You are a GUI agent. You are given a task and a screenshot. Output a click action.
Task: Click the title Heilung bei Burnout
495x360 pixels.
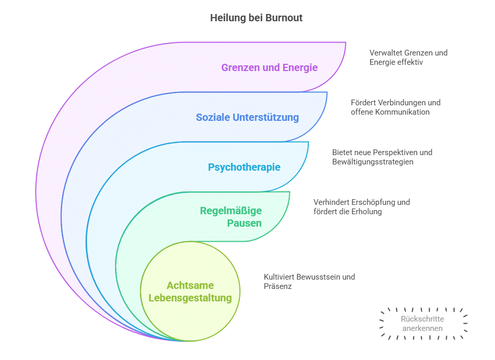pyautogui.click(x=256, y=18)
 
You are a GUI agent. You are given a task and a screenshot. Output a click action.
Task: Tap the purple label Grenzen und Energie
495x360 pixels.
pyautogui.click(x=269, y=67)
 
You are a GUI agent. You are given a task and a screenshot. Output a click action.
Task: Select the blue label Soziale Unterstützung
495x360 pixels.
pyautogui.click(x=247, y=117)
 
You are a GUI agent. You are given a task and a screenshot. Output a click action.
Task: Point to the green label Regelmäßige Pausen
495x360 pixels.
pyautogui.click(x=231, y=217)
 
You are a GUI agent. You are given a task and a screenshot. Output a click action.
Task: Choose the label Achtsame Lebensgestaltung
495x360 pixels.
pyautogui.click(x=190, y=292)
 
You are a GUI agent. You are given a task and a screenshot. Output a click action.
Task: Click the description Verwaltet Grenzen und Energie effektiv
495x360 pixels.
pyautogui.click(x=408, y=58)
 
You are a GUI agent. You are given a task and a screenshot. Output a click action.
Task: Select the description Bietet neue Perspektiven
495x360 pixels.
pyautogui.click(x=382, y=157)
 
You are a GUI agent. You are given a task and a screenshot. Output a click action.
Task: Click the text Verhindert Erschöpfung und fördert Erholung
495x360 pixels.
pyautogui.click(x=361, y=207)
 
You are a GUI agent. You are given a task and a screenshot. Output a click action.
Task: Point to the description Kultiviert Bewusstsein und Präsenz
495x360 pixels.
pyautogui.click(x=309, y=282)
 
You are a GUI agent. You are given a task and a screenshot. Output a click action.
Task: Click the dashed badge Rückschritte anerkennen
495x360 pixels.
pyautogui.click(x=422, y=324)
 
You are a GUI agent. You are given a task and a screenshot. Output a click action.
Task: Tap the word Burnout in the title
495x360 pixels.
pyautogui.click(x=284, y=18)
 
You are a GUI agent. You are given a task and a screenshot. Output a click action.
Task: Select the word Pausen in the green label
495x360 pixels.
pyautogui.click(x=244, y=223)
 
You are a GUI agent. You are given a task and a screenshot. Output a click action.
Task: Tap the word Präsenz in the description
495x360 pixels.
pyautogui.click(x=278, y=286)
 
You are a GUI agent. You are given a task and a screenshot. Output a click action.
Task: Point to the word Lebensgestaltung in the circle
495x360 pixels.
pyautogui.click(x=190, y=298)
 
